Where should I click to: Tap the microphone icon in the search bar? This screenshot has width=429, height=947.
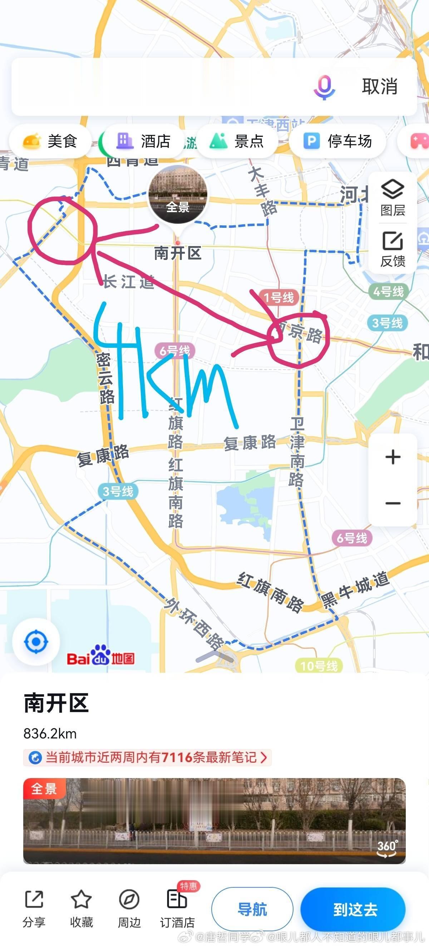coord(324,87)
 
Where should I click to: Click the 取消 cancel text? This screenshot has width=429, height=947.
coord(380,87)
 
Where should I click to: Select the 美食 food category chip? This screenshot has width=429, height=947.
coord(50,141)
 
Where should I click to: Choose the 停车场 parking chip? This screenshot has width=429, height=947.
coord(337,141)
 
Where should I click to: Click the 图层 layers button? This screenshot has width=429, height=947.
coord(393,197)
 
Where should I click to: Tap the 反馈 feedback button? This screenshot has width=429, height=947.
coord(393,249)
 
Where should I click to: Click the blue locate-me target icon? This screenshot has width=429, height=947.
coord(36,641)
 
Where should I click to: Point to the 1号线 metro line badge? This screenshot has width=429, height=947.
coord(278,297)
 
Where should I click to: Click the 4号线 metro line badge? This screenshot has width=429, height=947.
coord(388,291)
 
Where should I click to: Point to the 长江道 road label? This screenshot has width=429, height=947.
coord(128,282)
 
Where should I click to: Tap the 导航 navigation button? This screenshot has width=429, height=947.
coord(252,909)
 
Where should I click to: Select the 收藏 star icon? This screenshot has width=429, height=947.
coord(81,899)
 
